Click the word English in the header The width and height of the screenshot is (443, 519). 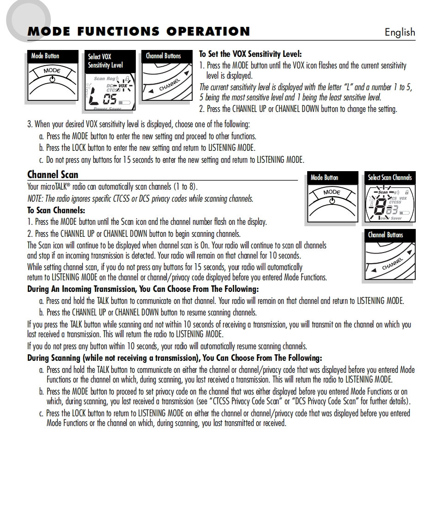click(x=400, y=32)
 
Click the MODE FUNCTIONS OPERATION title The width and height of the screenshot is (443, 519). click(x=139, y=31)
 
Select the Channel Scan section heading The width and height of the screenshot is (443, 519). click(x=53, y=174)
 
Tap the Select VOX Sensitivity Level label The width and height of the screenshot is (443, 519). click(x=105, y=61)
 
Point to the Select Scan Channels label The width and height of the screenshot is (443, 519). click(x=389, y=178)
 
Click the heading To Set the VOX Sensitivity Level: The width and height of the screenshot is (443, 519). click(x=250, y=54)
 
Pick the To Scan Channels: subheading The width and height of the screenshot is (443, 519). click(x=56, y=210)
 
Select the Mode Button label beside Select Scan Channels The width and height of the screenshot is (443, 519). click(x=324, y=178)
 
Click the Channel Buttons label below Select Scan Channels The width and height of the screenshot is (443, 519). click(x=385, y=235)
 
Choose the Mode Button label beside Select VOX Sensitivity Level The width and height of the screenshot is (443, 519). click(x=45, y=56)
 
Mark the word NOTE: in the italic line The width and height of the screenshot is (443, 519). click(x=36, y=199)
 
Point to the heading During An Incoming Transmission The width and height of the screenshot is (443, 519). click(x=143, y=289)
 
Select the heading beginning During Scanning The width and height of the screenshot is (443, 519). click(x=174, y=358)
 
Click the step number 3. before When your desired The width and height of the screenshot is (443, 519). click(x=30, y=124)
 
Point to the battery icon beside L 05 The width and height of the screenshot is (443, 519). click(x=124, y=101)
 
